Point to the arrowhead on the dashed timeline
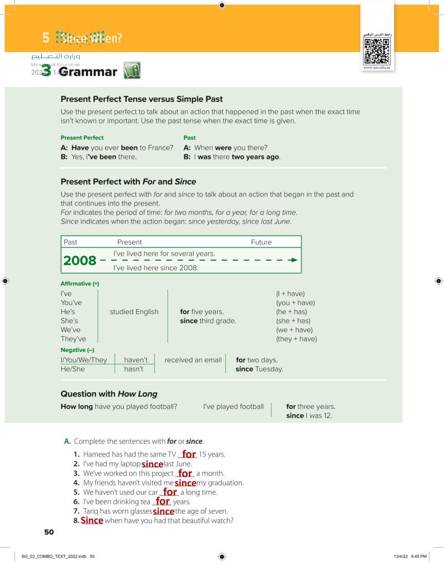pos(294,260)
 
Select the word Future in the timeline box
pos(261,242)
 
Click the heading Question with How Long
pos(109,394)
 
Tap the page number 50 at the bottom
pos(49,532)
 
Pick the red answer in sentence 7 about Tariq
pos(164,511)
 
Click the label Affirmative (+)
pos(79,283)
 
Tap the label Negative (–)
pos(77,350)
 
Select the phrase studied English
pos(134,312)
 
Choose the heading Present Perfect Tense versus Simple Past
pos(142,99)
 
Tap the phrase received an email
pos(193,360)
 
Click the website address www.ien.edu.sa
pos(377,68)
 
